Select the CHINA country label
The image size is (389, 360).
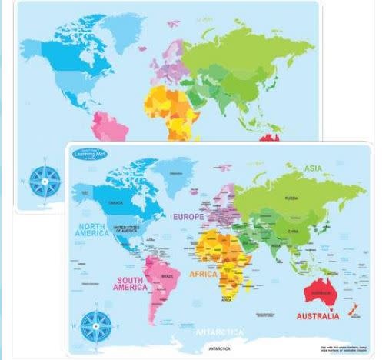coord(292,231)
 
